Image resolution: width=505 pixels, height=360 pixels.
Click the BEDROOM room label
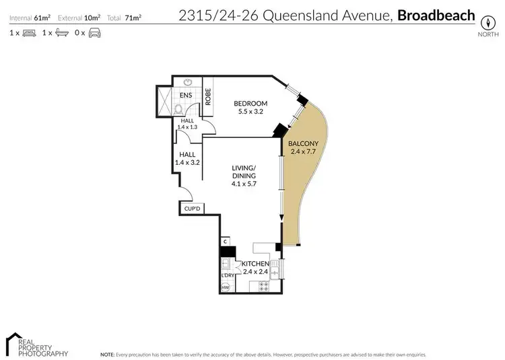tap(250, 103)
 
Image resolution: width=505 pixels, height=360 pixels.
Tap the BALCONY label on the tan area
tap(299, 143)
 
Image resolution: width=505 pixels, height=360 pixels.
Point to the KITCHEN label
tap(257, 264)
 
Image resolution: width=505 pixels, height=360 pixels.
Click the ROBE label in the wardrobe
tap(209, 98)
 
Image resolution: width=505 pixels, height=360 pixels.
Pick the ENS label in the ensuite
tap(186, 96)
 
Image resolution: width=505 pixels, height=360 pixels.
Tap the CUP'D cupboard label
tap(193, 209)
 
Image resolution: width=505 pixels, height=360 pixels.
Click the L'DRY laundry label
tap(227, 275)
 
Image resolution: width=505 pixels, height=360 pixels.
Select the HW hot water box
tap(226, 288)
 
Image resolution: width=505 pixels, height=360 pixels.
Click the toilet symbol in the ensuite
tap(178, 108)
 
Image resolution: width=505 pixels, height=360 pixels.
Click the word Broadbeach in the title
tap(436, 15)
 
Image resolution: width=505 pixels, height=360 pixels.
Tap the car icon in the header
tap(94, 32)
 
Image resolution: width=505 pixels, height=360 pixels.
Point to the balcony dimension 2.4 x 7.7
tap(299, 152)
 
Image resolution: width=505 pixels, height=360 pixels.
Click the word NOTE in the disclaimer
tap(106, 354)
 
